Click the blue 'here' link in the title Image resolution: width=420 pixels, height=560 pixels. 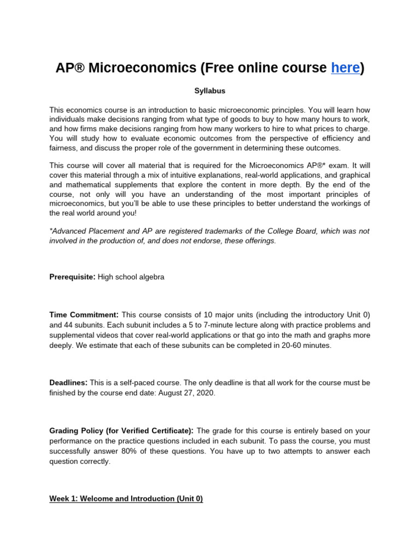(346, 68)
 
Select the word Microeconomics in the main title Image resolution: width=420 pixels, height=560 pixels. (142, 68)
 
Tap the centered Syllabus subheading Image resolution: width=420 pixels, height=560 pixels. (210, 91)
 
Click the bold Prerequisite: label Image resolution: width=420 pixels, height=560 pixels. (73, 277)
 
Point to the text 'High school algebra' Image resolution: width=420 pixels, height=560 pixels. (131, 277)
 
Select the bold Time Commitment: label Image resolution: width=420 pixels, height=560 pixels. (84, 315)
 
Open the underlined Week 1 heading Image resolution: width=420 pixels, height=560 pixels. (126, 499)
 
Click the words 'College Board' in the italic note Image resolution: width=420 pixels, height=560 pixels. (294, 231)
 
